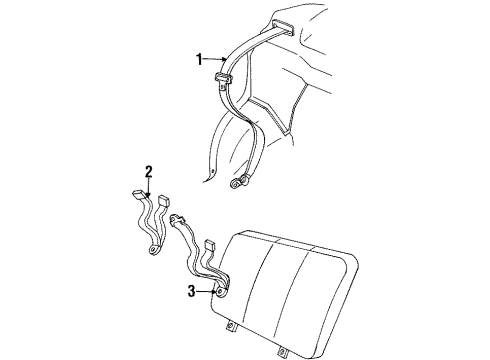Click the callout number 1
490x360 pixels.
click(x=200, y=60)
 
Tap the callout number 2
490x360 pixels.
click(x=148, y=170)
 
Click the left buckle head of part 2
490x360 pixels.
click(x=138, y=197)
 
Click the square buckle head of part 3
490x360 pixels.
click(x=209, y=245)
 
